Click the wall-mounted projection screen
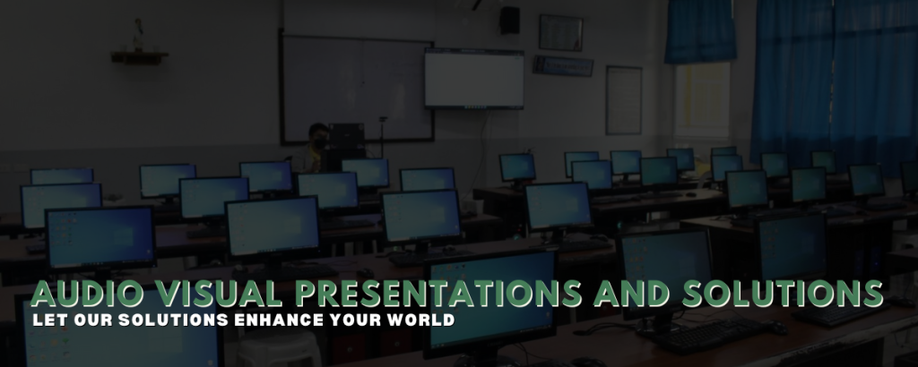pos(474,78)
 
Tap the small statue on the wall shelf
pos(138,35)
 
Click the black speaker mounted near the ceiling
pos(509,20)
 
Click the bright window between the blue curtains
pos(702,100)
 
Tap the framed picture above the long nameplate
pos(561,33)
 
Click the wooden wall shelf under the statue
pos(139,57)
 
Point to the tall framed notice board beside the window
pos(624,100)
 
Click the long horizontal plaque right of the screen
pos(563,66)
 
